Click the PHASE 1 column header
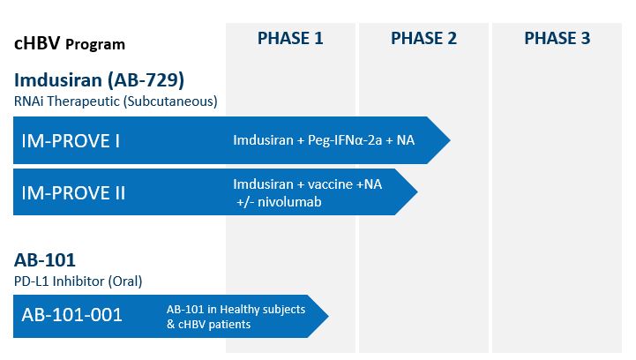point(290,38)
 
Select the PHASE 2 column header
point(423,38)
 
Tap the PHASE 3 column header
point(557,38)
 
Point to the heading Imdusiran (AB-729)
point(98,79)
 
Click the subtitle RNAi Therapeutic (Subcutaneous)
point(115,101)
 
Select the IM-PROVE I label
point(71,140)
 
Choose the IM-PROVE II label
point(75,192)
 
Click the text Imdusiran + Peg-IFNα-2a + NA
point(324,140)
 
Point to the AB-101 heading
point(44,260)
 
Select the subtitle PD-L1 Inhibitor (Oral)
point(78,281)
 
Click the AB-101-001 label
point(72,315)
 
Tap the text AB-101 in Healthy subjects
point(236,309)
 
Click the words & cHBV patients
point(209,324)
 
